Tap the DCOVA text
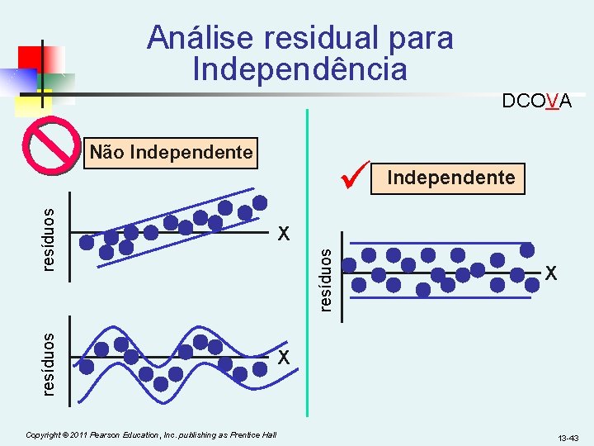point(537,102)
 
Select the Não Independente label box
point(171,153)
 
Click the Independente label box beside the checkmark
point(450,178)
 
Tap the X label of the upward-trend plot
point(284,234)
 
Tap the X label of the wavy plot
point(284,358)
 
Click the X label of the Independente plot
point(549,272)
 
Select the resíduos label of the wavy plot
point(49,363)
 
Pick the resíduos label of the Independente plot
point(326,280)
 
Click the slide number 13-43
point(568,436)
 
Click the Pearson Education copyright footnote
point(151,434)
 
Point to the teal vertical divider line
point(308,264)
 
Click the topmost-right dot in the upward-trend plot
point(260,202)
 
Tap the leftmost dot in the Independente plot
point(351,265)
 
